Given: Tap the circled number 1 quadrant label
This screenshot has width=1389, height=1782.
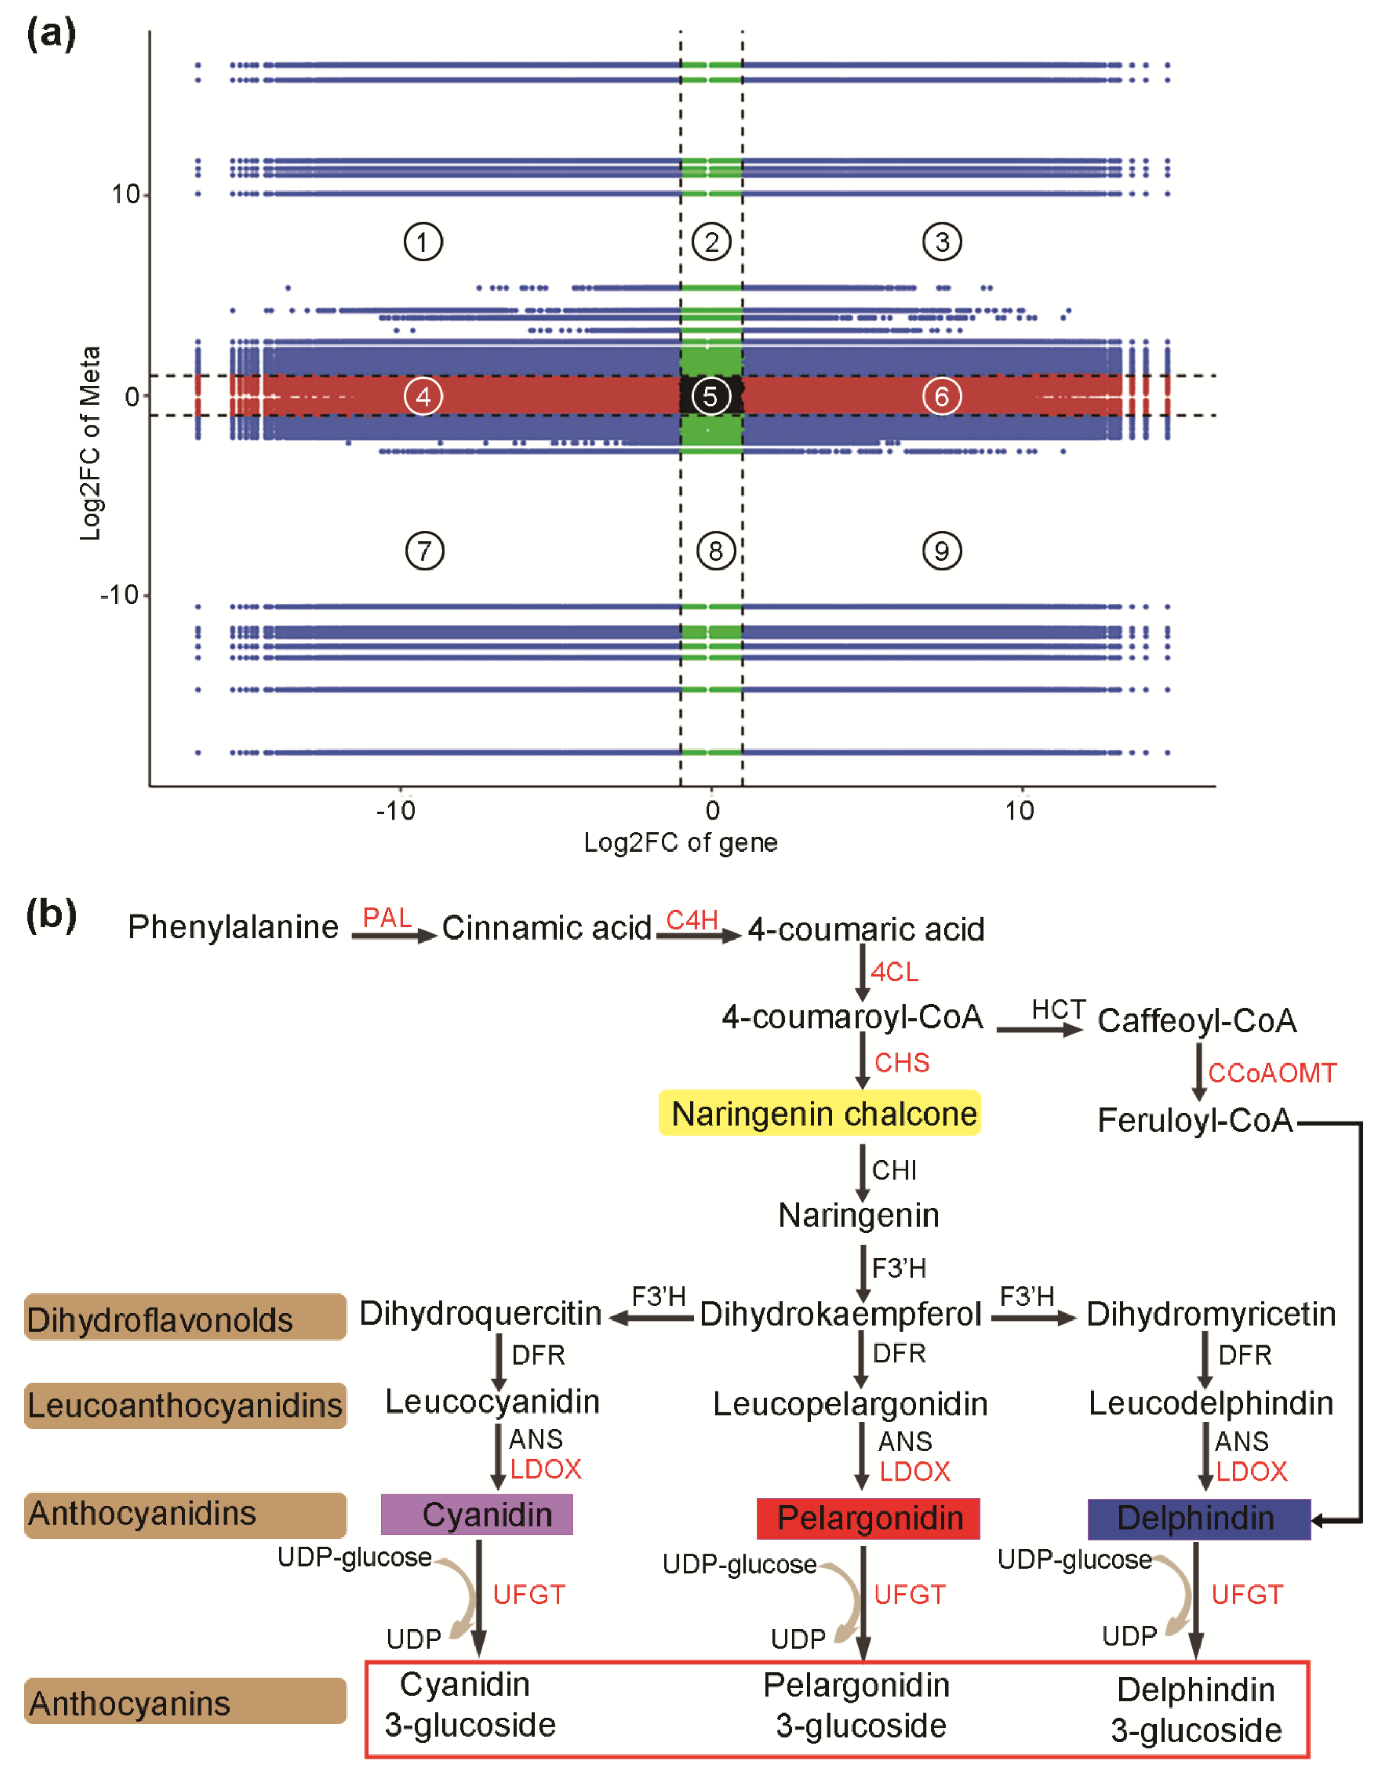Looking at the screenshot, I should (x=423, y=242).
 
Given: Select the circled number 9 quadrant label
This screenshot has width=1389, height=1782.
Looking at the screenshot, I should (x=942, y=551).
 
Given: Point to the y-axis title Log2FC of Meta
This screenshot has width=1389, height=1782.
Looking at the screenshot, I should (x=90, y=443).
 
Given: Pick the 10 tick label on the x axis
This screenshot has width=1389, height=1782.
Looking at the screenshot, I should (x=1019, y=810).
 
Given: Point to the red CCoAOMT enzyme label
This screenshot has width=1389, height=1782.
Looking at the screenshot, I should (x=1272, y=1073).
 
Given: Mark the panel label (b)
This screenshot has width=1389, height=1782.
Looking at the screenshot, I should (x=50, y=915).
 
